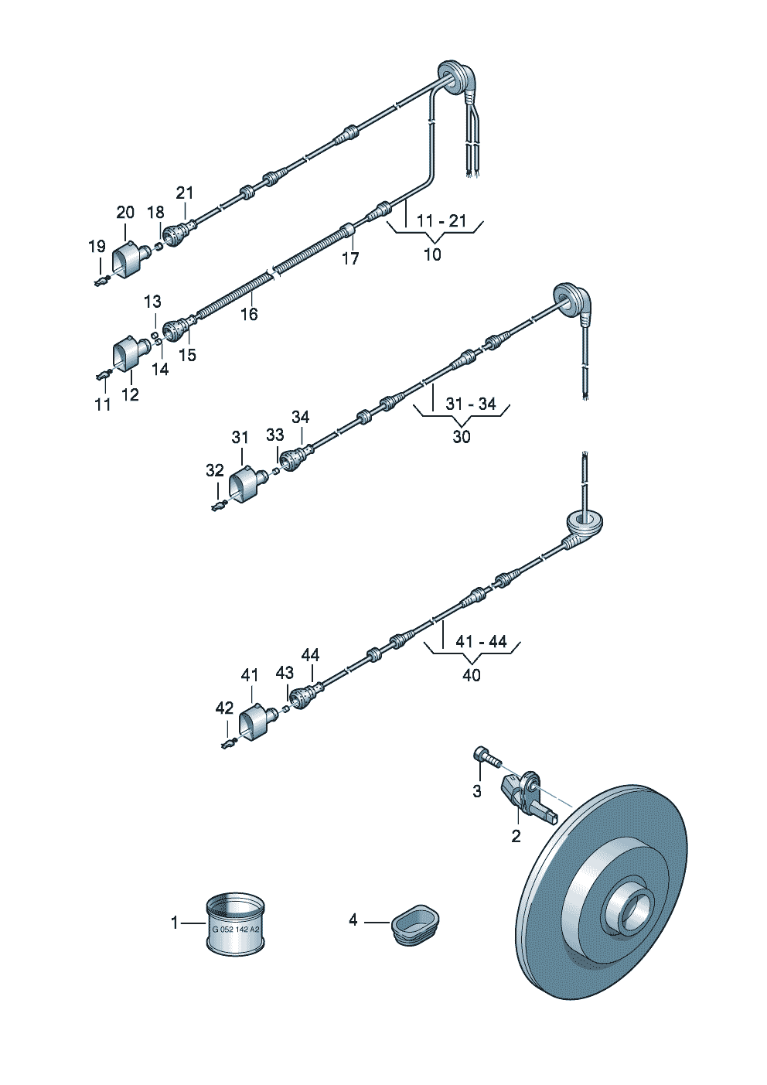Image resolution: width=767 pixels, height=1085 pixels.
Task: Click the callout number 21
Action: (185, 193)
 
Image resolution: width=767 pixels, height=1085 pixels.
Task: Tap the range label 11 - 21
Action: (441, 221)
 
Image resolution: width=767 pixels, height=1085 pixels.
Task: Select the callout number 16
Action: (249, 314)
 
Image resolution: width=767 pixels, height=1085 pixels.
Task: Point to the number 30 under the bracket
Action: (462, 437)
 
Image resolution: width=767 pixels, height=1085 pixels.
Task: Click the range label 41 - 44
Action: (481, 642)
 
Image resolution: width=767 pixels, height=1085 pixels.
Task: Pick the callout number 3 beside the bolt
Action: (477, 791)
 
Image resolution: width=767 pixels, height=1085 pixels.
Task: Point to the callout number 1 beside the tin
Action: (175, 923)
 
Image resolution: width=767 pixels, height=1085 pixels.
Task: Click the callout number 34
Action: (301, 418)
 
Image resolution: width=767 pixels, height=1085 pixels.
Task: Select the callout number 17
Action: (351, 258)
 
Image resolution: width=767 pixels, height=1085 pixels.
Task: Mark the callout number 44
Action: (310, 655)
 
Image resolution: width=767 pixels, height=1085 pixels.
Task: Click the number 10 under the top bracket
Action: (433, 254)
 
